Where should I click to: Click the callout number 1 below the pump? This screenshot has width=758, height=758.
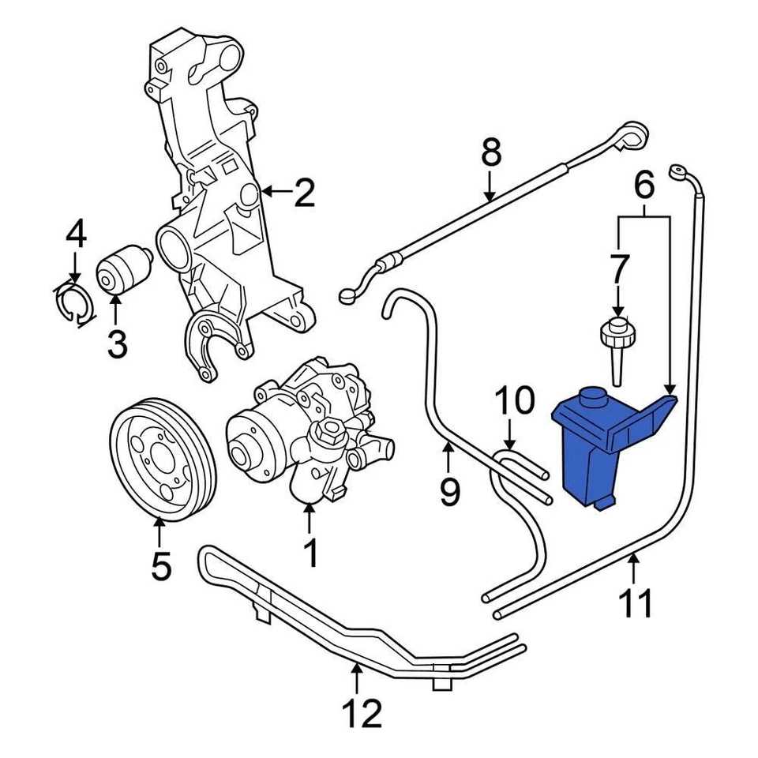click(x=310, y=553)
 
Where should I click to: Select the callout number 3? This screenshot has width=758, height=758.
click(x=117, y=344)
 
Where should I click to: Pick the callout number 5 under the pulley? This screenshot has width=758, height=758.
click(x=160, y=566)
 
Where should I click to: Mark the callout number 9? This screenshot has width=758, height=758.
click(x=448, y=493)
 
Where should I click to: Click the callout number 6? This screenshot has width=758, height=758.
click(x=644, y=187)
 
